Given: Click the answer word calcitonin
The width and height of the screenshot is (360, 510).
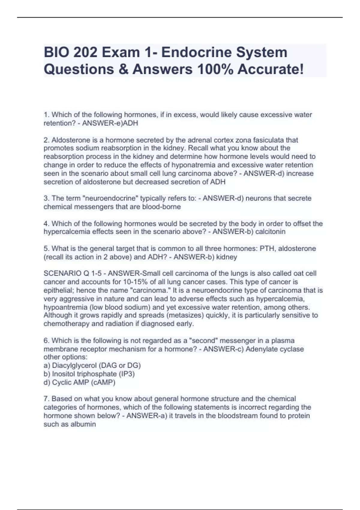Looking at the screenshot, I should [270, 232].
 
